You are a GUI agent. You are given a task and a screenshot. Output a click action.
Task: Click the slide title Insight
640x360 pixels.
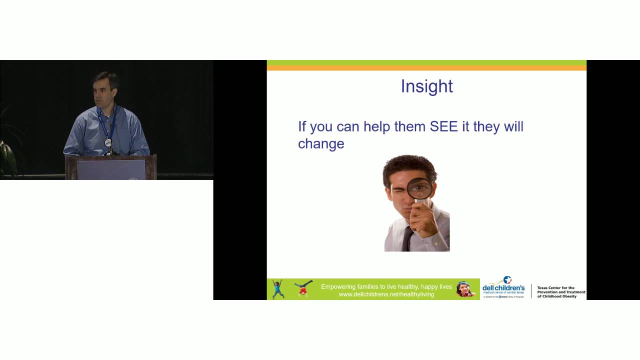pos(426,86)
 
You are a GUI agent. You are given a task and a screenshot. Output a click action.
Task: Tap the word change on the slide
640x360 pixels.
pos(321,144)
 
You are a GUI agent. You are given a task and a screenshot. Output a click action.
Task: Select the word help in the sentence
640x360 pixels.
pos(377,126)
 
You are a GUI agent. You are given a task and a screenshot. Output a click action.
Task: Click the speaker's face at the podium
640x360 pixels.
pos(105,90)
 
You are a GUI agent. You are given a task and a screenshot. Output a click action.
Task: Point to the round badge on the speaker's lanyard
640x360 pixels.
pos(108,142)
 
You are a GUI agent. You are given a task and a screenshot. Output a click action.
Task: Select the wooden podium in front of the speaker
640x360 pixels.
pos(111,167)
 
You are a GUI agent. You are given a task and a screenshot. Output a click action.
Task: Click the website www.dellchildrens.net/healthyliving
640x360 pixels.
pos(386,294)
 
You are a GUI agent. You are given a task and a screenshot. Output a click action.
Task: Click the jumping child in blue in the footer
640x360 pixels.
pos(278,289)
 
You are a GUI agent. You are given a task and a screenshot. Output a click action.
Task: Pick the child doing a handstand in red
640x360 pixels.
pos(303,288)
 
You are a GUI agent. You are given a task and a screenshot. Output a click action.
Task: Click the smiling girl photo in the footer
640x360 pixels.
pos(465,289)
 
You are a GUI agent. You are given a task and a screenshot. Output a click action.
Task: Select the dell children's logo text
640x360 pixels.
pos(503,288)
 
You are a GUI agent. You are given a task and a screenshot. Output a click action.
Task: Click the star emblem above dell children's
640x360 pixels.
pos(507,279)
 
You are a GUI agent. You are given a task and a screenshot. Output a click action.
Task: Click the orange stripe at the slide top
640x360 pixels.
pos(426,68)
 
